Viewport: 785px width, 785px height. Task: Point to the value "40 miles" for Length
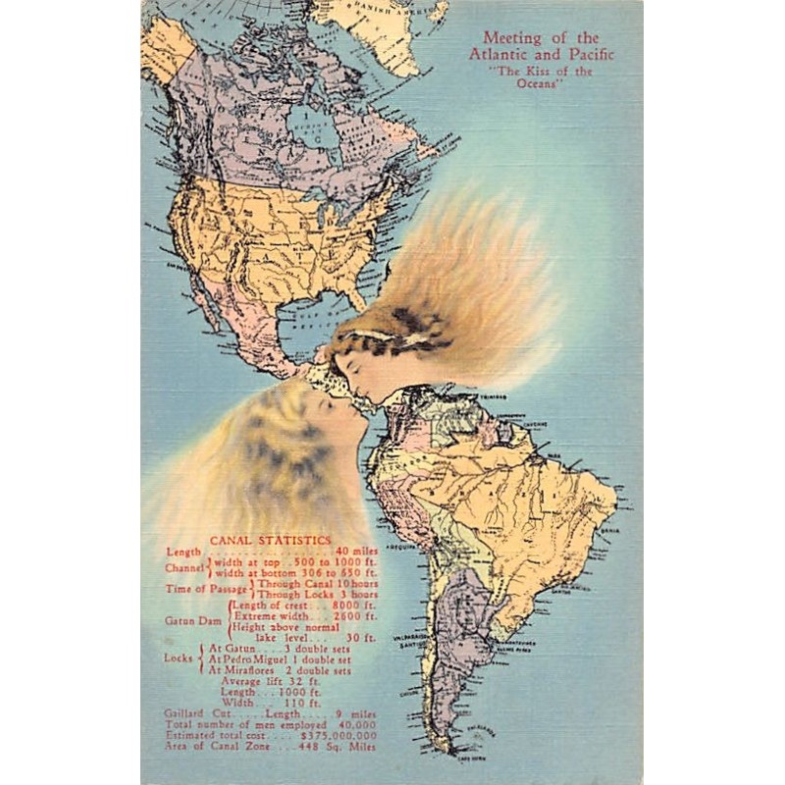pyautogui.click(x=356, y=552)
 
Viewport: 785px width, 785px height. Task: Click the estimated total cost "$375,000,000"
pyautogui.click(x=340, y=735)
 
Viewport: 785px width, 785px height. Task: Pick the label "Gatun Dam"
pyautogui.click(x=193, y=621)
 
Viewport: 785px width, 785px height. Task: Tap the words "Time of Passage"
pyautogui.click(x=207, y=589)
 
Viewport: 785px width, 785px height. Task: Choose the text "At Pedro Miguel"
pyautogui.click(x=243, y=659)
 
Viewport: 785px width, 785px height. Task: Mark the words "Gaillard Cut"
pyautogui.click(x=197, y=713)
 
